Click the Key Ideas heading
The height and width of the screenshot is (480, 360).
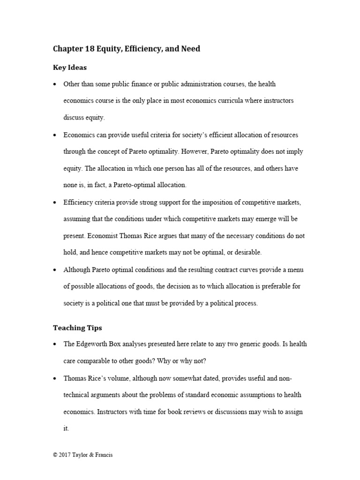click(69, 67)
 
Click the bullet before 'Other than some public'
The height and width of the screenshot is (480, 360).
click(55, 84)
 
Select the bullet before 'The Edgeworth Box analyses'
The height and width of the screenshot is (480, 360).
click(55, 345)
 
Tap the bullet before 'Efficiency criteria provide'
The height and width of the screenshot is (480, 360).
click(55, 202)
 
